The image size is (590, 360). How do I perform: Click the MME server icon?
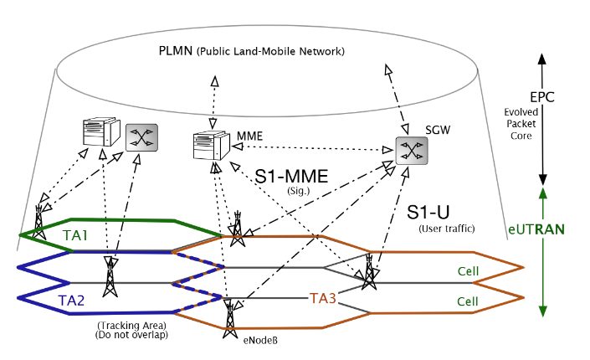point(209,145)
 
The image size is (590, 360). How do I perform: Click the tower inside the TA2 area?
point(109,278)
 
